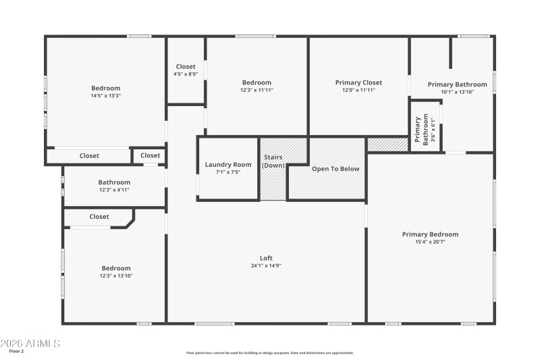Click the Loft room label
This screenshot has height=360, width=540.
[x=266, y=257]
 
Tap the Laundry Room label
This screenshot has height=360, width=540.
[x=228, y=164]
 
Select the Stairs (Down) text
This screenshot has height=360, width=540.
[x=273, y=161]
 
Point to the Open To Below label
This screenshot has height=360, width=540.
[x=335, y=169]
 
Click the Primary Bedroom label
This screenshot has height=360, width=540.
[x=430, y=234]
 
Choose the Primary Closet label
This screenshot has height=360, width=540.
[x=358, y=82]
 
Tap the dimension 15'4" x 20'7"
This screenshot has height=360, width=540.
[x=430, y=242]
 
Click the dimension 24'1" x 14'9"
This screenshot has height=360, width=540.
[x=266, y=265]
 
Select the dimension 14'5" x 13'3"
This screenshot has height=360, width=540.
[x=106, y=96]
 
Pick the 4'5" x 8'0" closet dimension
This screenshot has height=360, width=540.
[x=186, y=74]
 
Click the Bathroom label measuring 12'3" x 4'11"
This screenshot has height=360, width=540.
[x=114, y=182]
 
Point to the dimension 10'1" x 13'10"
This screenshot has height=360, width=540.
[x=457, y=92]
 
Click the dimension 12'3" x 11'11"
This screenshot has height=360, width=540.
[x=256, y=90]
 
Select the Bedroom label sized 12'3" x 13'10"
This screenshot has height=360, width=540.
[x=116, y=268]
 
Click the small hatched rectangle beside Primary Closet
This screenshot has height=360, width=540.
[x=387, y=144]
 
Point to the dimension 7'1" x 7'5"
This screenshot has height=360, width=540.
[x=228, y=172]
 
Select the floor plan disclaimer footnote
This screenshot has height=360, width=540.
[x=269, y=353]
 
